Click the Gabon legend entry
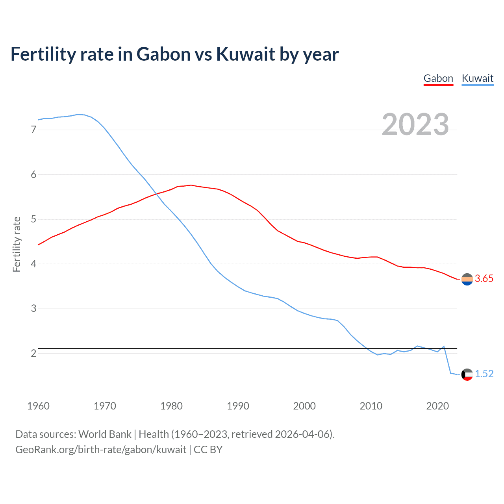[438, 78]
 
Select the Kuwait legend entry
[477, 78]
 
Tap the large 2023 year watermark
[415, 124]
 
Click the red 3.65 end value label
[484, 279]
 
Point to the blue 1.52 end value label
[484, 374]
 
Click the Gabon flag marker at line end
[467, 279]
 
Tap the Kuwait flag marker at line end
[467, 374]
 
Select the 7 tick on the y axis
[33, 130]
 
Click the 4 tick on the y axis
[33, 264]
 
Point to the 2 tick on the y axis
[33, 353]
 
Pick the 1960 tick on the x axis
[38, 406]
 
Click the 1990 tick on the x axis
[238, 406]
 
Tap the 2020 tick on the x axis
[437, 406]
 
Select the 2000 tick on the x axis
[304, 406]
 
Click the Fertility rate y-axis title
[17, 244]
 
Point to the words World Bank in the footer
[105, 434]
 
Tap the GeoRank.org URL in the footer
[100, 450]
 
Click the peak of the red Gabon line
[191, 185]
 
